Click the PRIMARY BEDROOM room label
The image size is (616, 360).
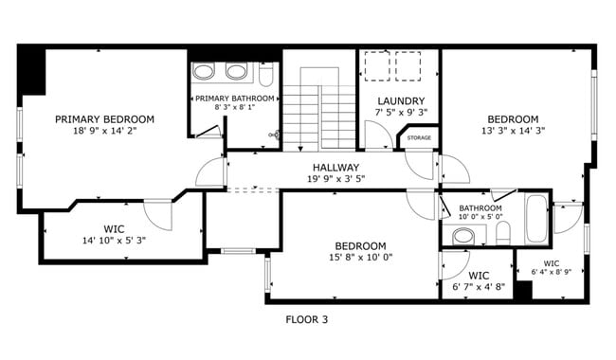click(x=104, y=119)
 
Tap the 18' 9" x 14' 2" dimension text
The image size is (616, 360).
click(x=104, y=132)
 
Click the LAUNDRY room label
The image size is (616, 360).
click(x=401, y=101)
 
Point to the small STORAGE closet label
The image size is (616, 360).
click(x=419, y=138)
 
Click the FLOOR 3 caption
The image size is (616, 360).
click(x=306, y=320)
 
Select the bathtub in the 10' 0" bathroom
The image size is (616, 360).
click(x=536, y=221)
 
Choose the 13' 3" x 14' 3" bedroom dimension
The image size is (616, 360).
click(x=513, y=132)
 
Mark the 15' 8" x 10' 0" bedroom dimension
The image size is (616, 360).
click(x=360, y=257)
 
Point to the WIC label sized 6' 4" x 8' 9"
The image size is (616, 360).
click(x=551, y=263)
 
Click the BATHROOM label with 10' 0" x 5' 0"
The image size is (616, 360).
click(x=480, y=208)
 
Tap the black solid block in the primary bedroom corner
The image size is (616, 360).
click(x=31, y=70)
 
